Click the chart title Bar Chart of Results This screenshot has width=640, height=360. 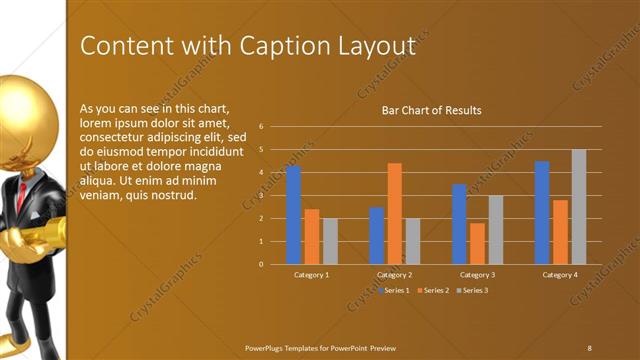click(432, 110)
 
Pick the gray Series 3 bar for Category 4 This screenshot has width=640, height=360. click(579, 206)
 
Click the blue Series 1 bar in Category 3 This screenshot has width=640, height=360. click(459, 224)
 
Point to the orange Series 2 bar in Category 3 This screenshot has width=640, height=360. click(477, 243)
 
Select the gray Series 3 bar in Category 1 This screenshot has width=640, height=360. click(330, 241)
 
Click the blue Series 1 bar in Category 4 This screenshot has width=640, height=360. click(542, 212)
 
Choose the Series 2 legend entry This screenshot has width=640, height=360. click(431, 290)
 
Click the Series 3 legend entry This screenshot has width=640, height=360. click(472, 290)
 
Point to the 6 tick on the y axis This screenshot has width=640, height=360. click(260, 127)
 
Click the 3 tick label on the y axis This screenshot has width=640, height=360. click(260, 196)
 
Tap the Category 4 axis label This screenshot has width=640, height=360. click(560, 274)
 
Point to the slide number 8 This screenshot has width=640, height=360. click(589, 347)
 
